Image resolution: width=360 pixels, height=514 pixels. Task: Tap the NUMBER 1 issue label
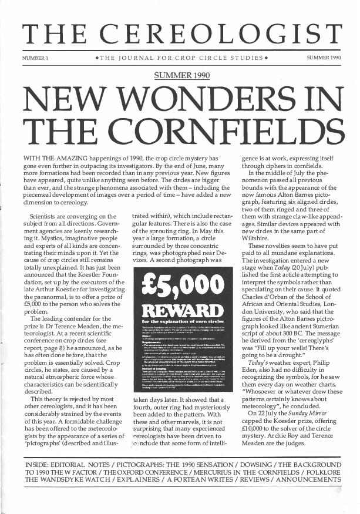35,59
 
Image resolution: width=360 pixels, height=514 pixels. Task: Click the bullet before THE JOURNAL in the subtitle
96,59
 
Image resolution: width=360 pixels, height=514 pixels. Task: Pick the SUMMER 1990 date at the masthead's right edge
324,59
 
